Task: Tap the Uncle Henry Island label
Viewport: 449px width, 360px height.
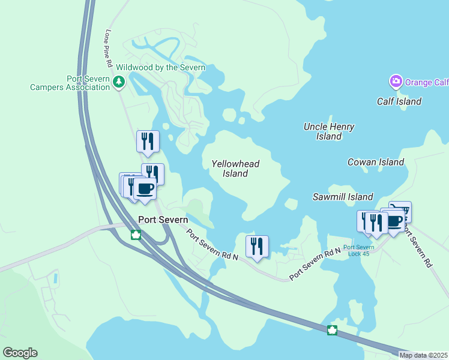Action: pos(329,131)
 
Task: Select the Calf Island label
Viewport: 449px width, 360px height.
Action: pos(399,101)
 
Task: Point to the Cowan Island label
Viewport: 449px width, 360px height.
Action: pos(376,162)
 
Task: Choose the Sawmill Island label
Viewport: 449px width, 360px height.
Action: pos(343,197)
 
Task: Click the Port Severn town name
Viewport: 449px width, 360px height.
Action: pos(163,220)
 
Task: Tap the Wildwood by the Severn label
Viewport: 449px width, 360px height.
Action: pos(161,67)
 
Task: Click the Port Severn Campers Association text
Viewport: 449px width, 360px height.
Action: pos(70,82)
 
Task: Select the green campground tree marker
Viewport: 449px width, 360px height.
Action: pos(119,82)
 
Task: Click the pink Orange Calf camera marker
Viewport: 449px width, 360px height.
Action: pos(396,81)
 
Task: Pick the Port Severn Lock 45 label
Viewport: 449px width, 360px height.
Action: pos(359,250)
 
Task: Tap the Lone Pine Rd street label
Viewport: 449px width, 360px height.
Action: pos(109,47)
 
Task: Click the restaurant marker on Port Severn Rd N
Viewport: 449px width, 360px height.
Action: pos(257,246)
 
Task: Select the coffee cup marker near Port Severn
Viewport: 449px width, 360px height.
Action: pos(145,189)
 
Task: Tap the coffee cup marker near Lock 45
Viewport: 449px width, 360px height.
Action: pos(394,221)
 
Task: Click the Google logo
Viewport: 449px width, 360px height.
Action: pos(20,353)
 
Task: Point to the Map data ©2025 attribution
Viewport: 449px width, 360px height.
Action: pos(423,355)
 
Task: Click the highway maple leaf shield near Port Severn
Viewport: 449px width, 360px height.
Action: pos(136,235)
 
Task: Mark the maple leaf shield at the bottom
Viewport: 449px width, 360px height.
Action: pos(332,330)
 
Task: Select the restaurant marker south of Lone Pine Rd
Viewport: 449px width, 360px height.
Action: pos(148,142)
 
